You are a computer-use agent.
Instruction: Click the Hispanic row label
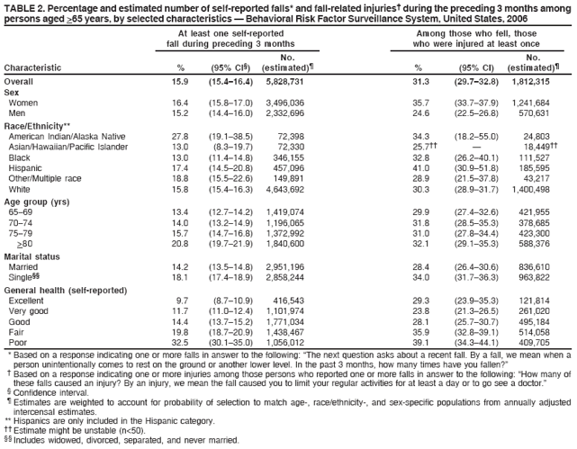[27, 166]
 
